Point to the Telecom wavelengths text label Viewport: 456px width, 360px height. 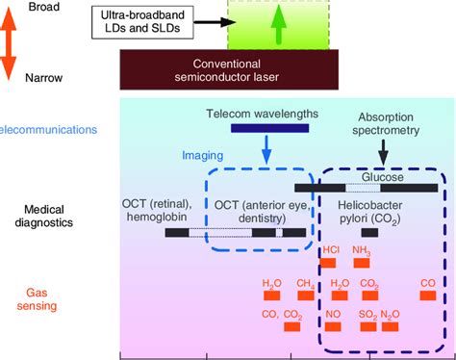(x=261, y=115)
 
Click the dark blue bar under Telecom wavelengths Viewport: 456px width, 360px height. (x=268, y=129)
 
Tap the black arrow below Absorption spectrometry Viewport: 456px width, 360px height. (x=384, y=149)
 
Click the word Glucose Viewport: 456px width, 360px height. (x=382, y=177)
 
